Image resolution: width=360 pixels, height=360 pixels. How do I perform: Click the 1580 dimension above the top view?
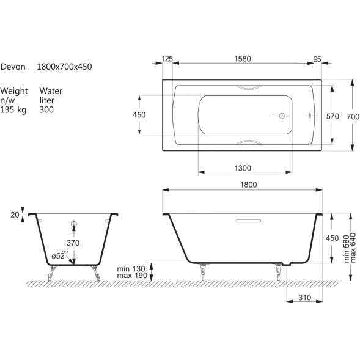[243, 59]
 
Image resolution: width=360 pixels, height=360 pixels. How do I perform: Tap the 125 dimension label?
[167, 59]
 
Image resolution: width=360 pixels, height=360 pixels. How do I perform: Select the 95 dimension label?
[317, 59]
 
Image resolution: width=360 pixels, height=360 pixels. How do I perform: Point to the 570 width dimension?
[332, 116]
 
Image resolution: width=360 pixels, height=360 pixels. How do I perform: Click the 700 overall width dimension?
[353, 117]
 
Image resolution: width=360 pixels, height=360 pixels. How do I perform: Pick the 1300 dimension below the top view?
[243, 168]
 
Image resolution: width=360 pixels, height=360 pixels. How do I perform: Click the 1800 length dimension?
[248, 185]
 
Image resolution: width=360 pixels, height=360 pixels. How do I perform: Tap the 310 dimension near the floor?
[304, 298]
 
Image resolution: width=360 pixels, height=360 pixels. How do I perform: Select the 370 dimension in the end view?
[73, 243]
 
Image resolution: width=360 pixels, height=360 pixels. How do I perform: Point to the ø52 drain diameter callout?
[58, 255]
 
